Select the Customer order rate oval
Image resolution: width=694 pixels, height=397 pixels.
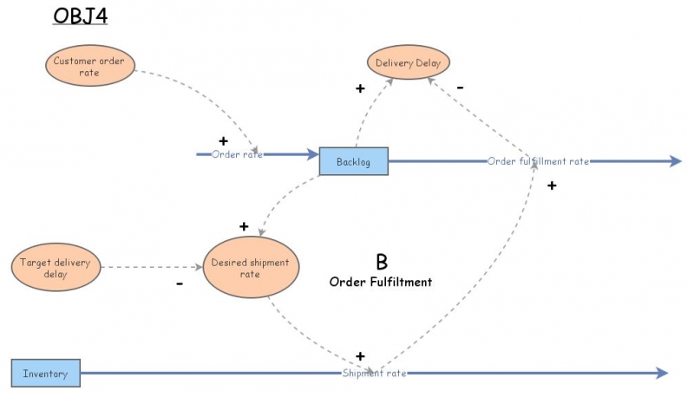pyautogui.click(x=88, y=67)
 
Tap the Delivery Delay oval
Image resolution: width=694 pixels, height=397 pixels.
pyautogui.click(x=408, y=62)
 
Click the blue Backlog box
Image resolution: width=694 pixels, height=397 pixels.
pyautogui.click(x=353, y=161)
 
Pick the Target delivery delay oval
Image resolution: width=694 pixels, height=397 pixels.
pyautogui.click(x=54, y=269)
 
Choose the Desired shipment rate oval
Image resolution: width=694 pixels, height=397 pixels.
pyautogui.click(x=251, y=269)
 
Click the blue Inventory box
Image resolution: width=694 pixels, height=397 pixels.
pyautogui.click(x=45, y=374)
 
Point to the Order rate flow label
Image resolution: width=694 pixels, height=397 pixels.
pyautogui.click(x=237, y=154)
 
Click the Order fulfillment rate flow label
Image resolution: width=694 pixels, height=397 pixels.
pyautogui.click(x=538, y=161)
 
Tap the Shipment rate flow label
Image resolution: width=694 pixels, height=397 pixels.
pyautogui.click(x=373, y=374)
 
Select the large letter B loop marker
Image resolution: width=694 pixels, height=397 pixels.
pyautogui.click(x=381, y=262)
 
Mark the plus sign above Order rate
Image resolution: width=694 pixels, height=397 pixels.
pyautogui.click(x=223, y=140)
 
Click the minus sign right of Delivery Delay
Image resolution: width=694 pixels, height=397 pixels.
pyautogui.click(x=460, y=88)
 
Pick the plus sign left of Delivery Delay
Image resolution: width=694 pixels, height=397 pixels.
pyautogui.click(x=360, y=88)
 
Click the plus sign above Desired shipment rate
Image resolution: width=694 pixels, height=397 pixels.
pyautogui.click(x=244, y=227)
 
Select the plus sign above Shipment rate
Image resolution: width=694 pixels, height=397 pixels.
pyautogui.click(x=360, y=356)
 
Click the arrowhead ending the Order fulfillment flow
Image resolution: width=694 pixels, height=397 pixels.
pyautogui.click(x=675, y=161)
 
